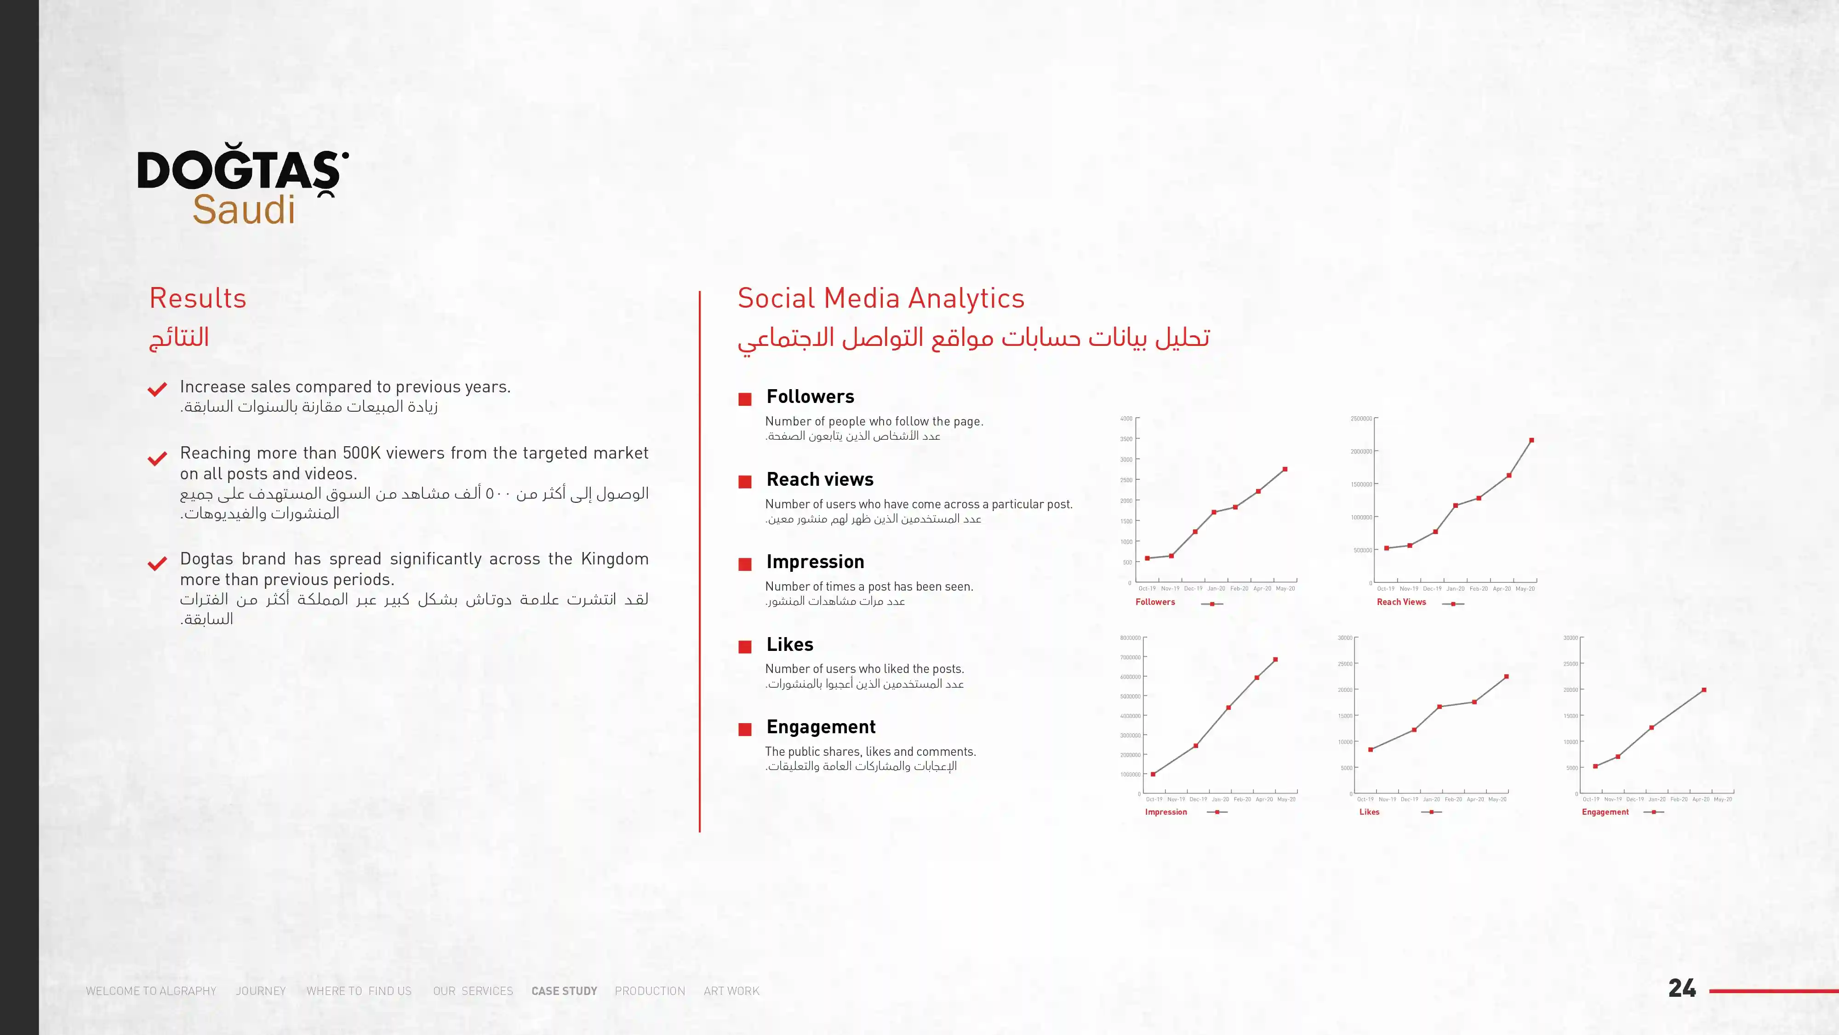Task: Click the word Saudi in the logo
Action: (244, 209)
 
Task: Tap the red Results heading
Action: (198, 298)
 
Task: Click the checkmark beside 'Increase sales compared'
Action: (157, 389)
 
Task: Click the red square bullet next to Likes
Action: (745, 646)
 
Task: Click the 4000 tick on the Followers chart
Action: (1126, 419)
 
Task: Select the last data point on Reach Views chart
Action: (1532, 440)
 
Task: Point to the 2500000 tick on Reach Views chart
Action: (1361, 419)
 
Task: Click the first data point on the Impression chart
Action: (1154, 774)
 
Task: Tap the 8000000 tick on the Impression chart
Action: (1130, 638)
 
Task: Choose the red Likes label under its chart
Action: (1369, 812)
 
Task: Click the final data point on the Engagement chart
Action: (1704, 690)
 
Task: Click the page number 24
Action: (1682, 989)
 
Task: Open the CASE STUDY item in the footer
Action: (564, 991)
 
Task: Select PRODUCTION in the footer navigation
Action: (650, 991)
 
